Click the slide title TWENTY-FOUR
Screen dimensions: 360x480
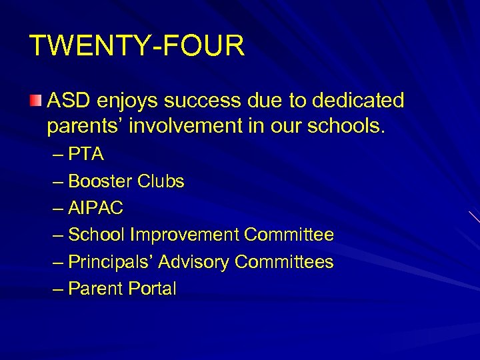pos(137,46)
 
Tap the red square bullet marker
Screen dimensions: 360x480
pos(35,101)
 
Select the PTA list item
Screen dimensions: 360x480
pos(86,154)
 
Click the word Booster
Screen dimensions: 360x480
pos(101,181)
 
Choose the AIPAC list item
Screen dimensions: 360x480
pos(96,208)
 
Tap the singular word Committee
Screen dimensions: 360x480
pos(289,235)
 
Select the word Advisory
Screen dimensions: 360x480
pos(193,262)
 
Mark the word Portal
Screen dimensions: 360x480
pos(154,289)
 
